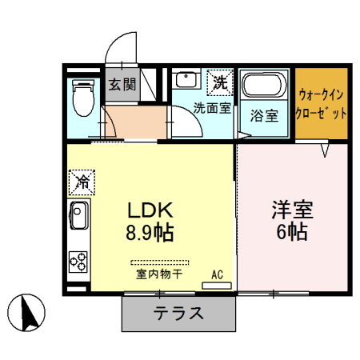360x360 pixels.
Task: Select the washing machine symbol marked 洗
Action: tap(218, 81)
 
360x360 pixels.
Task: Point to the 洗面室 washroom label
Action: tap(212, 109)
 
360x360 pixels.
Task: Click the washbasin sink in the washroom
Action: tap(186, 80)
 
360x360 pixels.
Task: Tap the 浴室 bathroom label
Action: tap(264, 114)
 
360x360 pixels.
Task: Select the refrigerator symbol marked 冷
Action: tap(81, 182)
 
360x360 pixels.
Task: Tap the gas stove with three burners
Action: tap(80, 260)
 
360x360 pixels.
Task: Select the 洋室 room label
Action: tap(291, 212)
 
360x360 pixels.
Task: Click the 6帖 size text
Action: tap(291, 234)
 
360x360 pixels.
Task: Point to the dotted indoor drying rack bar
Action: tap(160, 262)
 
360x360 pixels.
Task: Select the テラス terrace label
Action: tap(180, 313)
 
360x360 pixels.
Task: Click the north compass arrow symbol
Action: tap(30, 311)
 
